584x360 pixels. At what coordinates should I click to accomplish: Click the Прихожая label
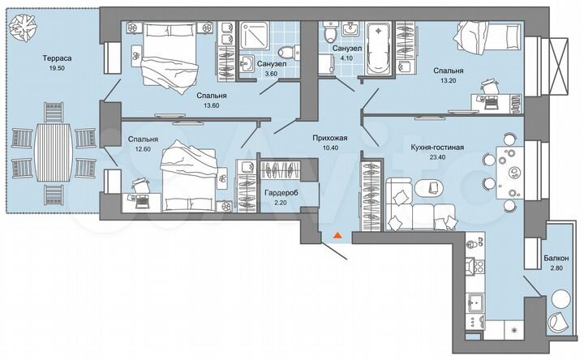tap(330, 139)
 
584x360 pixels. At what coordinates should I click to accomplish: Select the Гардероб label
tap(281, 194)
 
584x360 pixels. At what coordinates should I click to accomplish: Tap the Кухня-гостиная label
tap(437, 147)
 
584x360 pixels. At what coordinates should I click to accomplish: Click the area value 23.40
tap(437, 158)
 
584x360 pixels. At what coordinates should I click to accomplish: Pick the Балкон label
tap(556, 259)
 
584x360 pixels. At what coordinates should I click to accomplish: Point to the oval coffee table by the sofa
tap(431, 189)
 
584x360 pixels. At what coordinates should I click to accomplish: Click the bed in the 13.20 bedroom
tap(486, 41)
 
